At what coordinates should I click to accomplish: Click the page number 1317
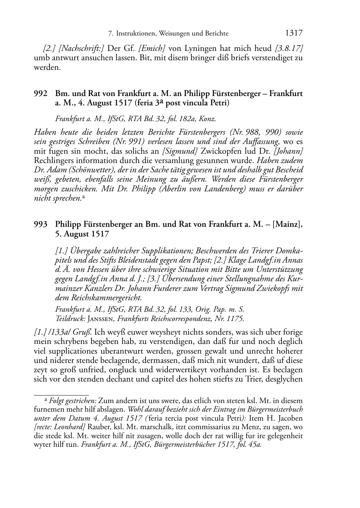click(x=294, y=33)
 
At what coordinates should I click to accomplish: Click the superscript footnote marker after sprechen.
click(x=83, y=197)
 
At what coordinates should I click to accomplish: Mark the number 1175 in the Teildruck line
click(x=236, y=318)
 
